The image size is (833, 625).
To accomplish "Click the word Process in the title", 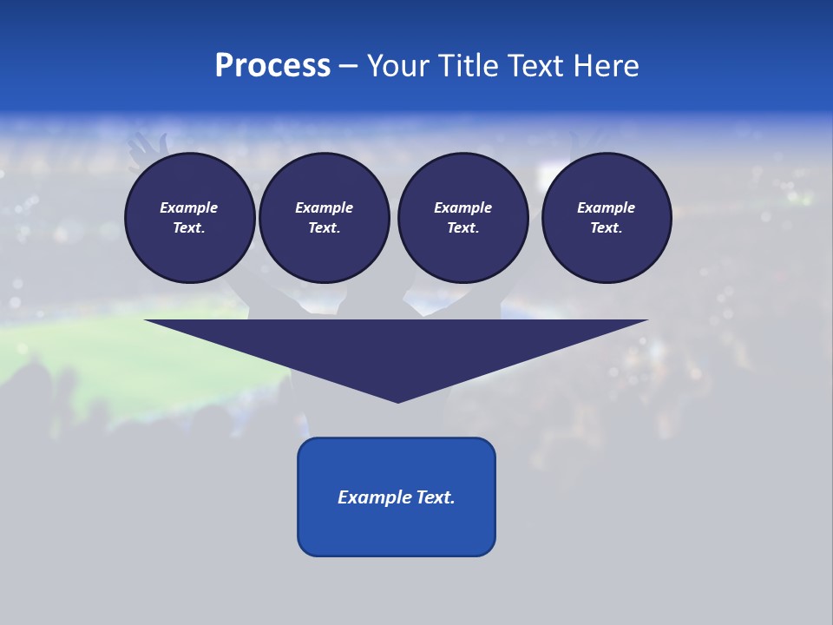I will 272,66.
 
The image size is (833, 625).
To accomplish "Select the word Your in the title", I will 398,66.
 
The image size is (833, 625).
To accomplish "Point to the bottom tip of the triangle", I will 397,400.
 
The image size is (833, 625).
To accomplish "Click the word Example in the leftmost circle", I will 189,207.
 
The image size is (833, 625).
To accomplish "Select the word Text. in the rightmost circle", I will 607,227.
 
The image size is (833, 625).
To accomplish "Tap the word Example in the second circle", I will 324,207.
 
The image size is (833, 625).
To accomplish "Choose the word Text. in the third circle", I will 462,227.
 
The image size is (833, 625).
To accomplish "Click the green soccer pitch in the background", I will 78,347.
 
